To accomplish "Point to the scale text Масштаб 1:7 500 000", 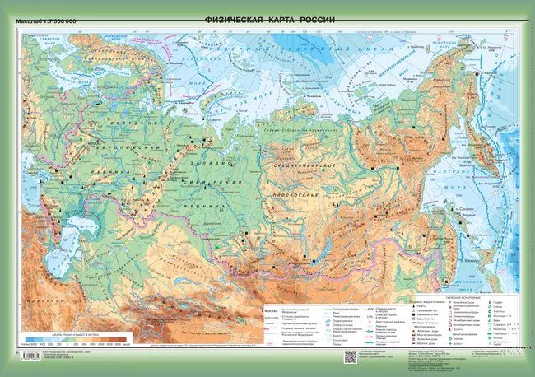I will click(47, 20).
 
